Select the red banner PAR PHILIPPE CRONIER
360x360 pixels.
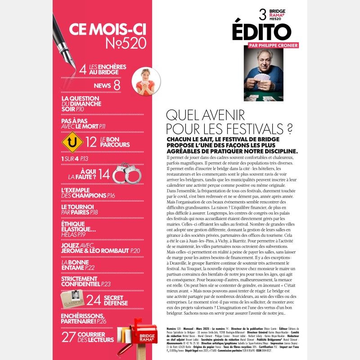pyautogui.click(x=273, y=45)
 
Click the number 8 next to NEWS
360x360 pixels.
pyautogui.click(x=117, y=85)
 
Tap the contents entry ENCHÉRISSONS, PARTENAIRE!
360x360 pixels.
pyautogui.click(x=88, y=318)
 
